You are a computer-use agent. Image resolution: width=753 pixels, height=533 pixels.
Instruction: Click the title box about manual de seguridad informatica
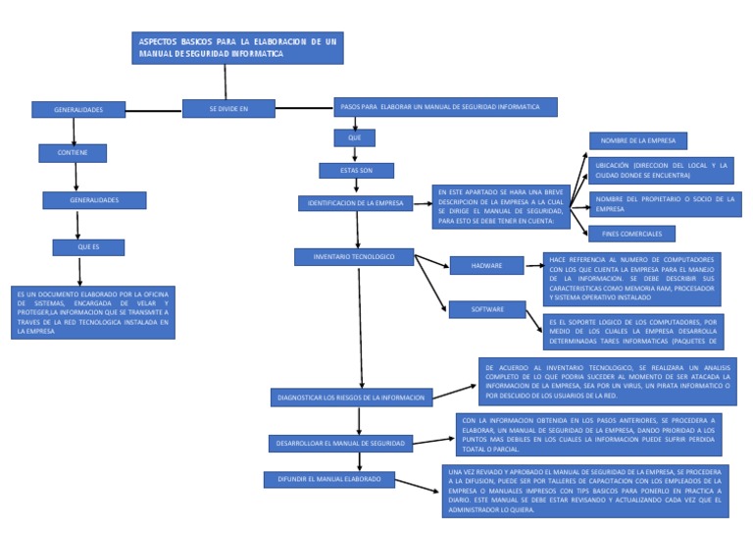(238, 48)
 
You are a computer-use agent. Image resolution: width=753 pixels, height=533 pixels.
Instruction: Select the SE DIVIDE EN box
(228, 108)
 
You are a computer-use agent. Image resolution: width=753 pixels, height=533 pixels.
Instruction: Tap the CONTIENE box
(73, 152)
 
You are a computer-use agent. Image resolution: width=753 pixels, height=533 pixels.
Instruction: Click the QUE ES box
(89, 246)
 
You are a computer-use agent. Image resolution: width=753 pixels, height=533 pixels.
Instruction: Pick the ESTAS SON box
(356, 170)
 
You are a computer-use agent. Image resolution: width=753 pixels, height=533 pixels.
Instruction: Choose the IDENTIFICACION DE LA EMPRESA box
(355, 203)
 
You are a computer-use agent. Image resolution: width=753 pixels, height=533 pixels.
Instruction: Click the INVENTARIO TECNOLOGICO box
(354, 256)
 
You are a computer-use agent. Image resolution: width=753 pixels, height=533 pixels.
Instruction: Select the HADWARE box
(487, 265)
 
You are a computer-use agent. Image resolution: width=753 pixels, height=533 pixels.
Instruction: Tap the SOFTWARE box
(487, 309)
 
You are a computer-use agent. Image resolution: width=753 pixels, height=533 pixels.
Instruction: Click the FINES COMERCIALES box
(631, 234)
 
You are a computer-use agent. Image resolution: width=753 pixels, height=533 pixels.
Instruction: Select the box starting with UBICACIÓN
(662, 170)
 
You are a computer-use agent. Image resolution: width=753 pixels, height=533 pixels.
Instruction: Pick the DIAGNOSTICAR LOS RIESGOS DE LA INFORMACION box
(352, 398)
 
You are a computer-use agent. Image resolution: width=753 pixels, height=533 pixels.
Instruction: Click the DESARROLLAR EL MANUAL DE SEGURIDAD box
(339, 444)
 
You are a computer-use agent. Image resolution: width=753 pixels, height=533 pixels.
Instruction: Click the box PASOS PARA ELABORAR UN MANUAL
(447, 106)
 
